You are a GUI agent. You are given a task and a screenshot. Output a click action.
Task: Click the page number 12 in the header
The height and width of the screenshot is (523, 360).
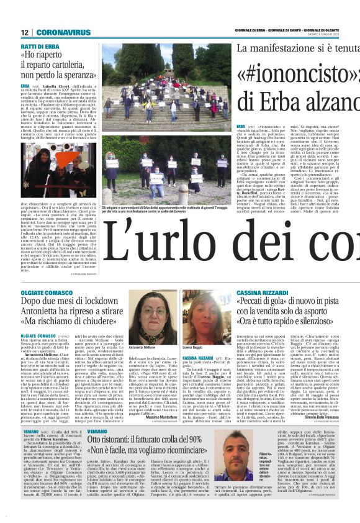24,32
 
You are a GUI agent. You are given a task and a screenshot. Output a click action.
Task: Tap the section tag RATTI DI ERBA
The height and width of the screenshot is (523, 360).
40,47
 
